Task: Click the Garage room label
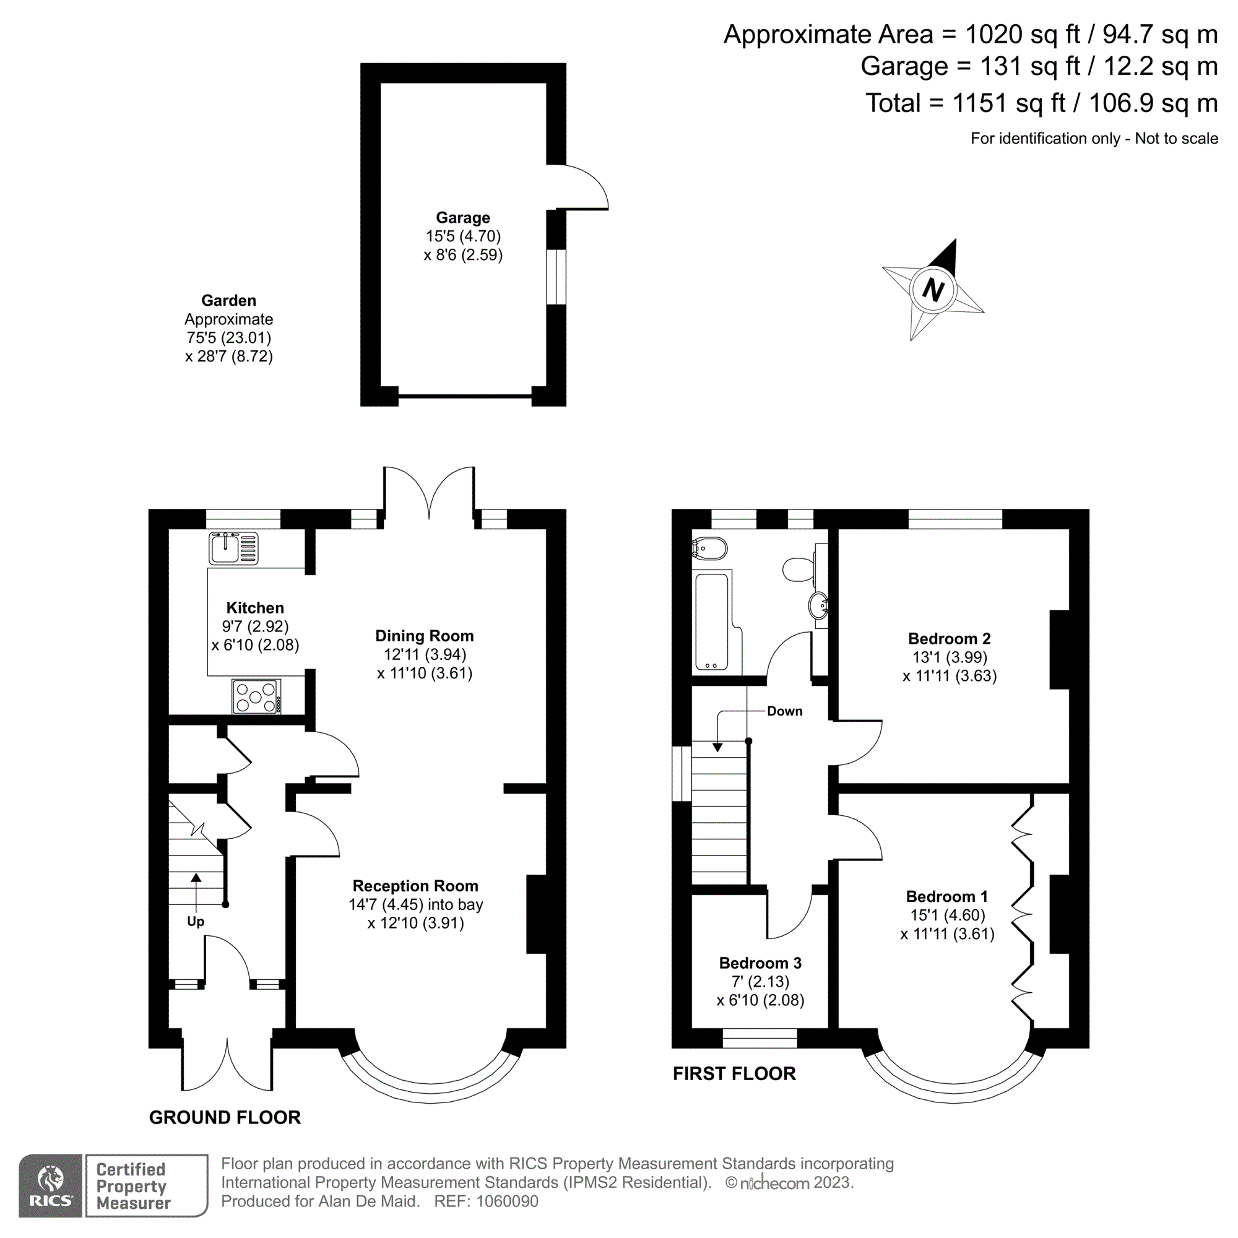[462, 218]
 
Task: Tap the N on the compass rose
[933, 290]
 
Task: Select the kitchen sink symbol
[233, 548]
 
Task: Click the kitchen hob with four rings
[256, 696]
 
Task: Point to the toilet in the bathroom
[799, 569]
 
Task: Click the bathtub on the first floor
[711, 621]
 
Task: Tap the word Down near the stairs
[784, 711]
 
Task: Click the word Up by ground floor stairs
[196, 921]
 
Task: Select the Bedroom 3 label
[760, 963]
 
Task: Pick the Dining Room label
[424, 636]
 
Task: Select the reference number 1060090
[507, 1201]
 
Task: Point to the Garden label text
[229, 301]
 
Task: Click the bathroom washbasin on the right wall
[818, 605]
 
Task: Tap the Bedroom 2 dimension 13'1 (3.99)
[950, 657]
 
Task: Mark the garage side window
[556, 277]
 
